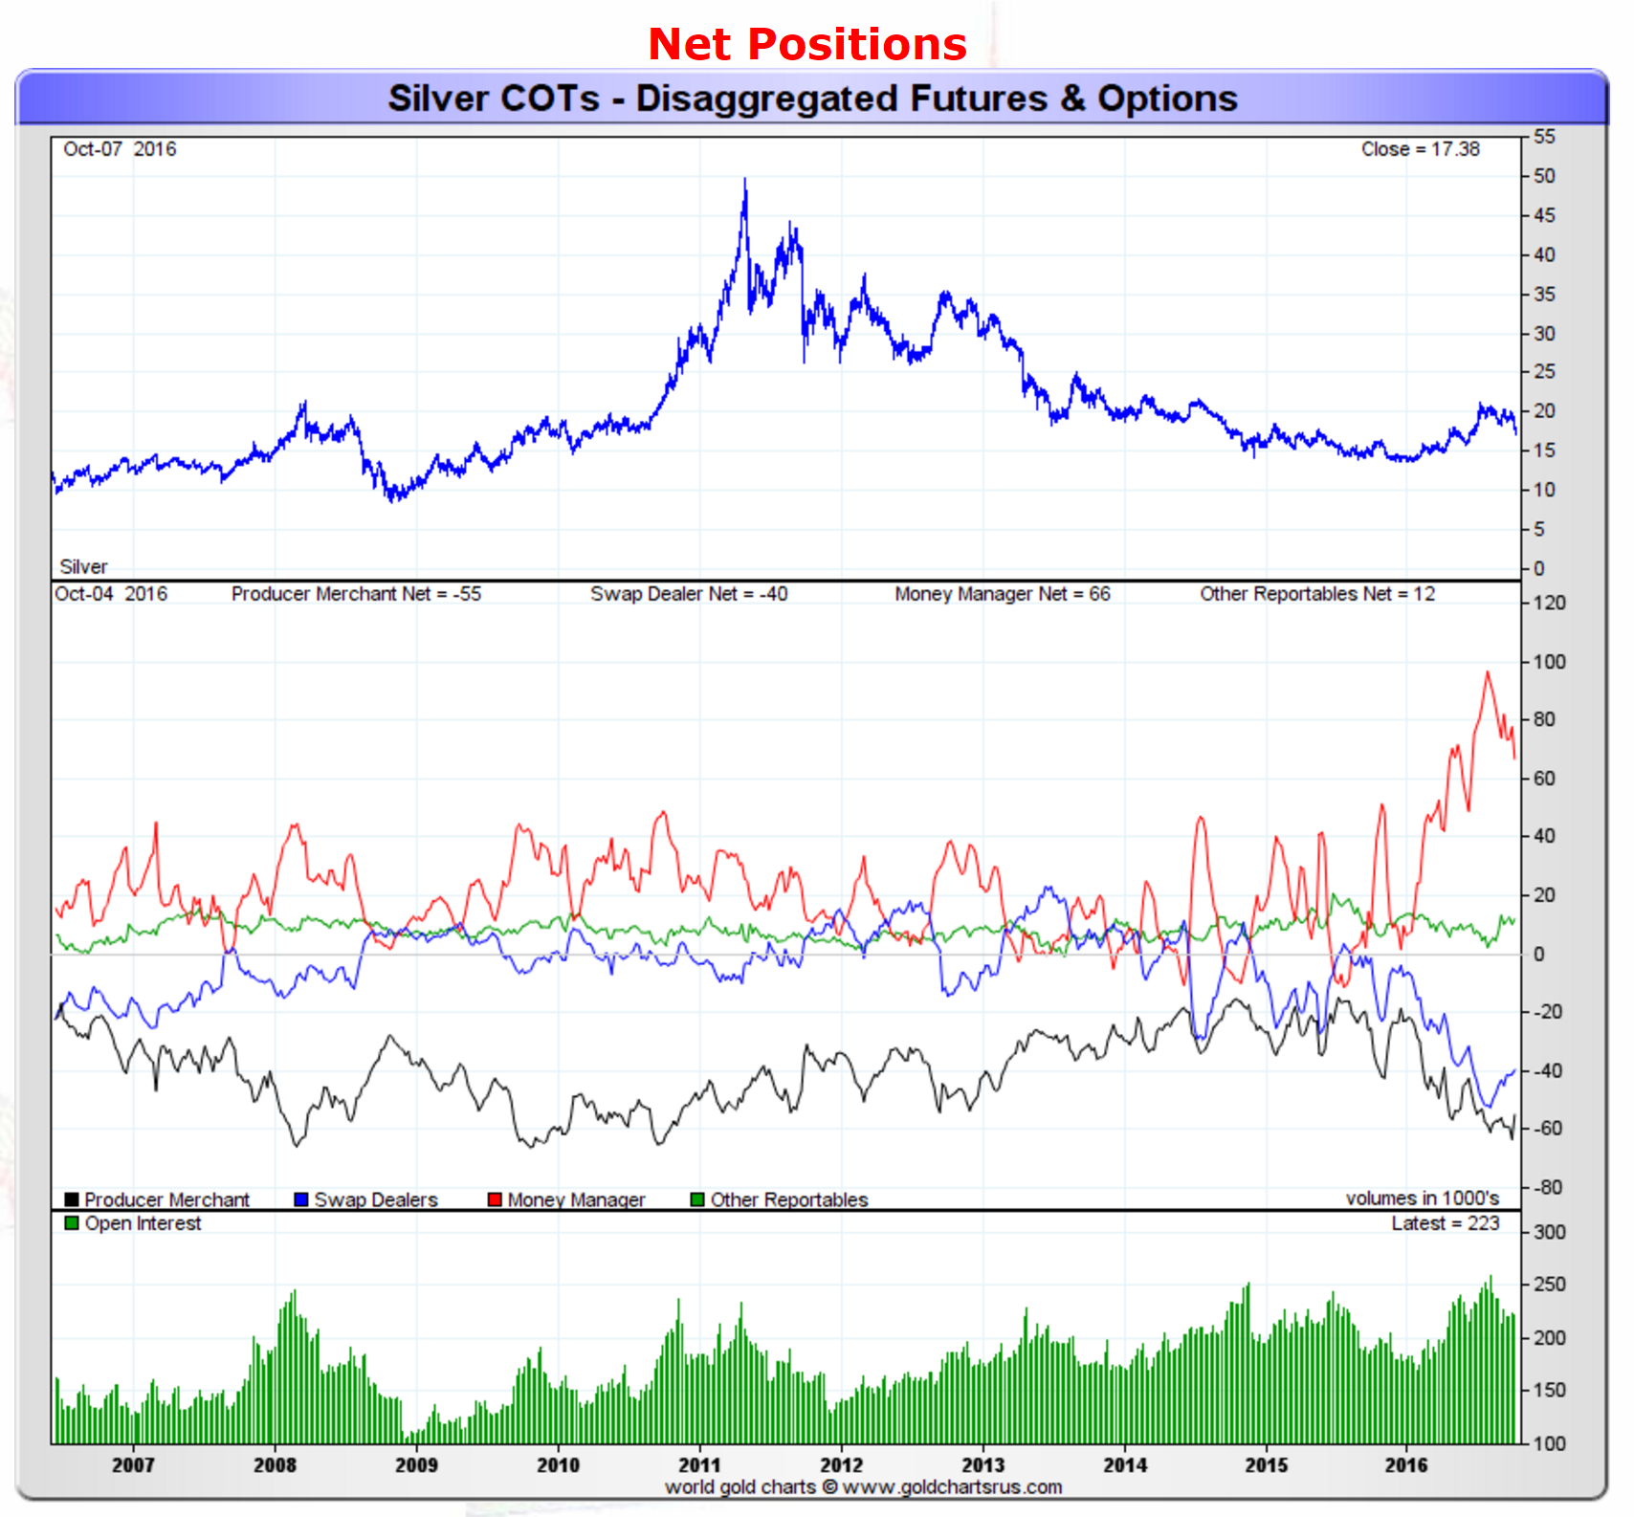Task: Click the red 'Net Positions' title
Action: click(806, 44)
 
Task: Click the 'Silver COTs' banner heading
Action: click(812, 99)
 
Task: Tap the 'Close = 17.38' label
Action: click(1420, 149)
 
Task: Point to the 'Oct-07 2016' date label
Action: click(120, 149)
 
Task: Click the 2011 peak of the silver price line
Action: click(745, 180)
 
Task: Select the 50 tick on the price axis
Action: click(1544, 176)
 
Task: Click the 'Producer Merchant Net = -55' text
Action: click(356, 594)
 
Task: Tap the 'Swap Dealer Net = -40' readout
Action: click(689, 594)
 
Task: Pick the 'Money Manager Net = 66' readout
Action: click(1003, 594)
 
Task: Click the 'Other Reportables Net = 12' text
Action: click(1317, 594)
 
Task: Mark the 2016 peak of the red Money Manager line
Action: click(1488, 673)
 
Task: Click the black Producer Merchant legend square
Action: click(72, 1199)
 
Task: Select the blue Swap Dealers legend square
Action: click(301, 1199)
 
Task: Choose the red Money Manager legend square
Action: click(495, 1199)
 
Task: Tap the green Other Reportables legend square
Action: click(697, 1199)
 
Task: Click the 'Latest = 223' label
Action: click(1445, 1223)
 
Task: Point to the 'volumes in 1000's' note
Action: click(1422, 1198)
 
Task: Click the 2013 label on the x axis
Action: click(983, 1464)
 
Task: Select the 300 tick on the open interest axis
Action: click(1549, 1232)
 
